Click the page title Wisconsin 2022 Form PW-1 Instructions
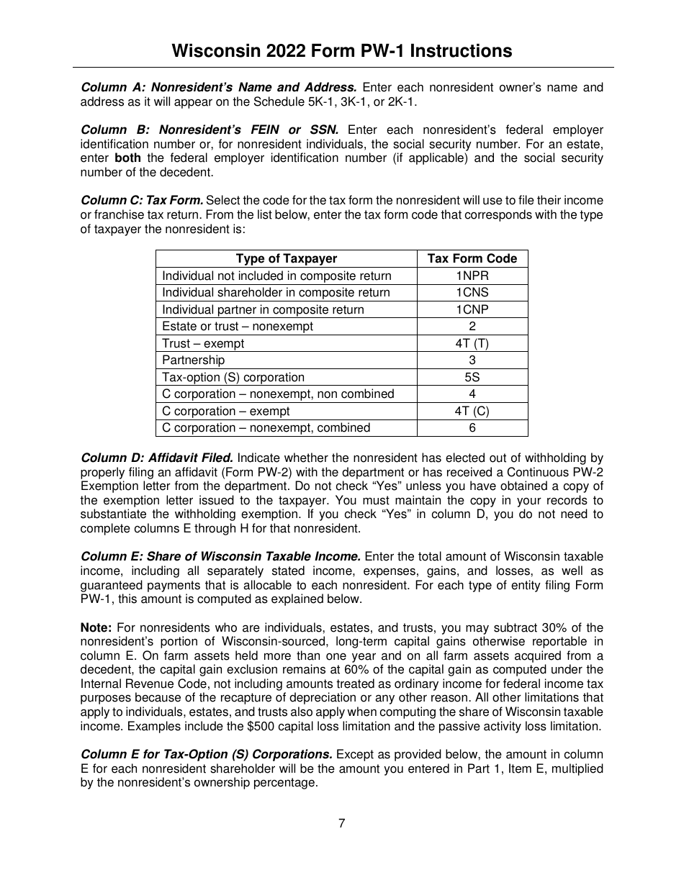pos(342,51)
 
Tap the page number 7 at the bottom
pos(341,824)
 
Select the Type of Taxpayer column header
pos(286,259)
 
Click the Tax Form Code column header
pos(472,259)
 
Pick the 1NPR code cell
pos(472,276)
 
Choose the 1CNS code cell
pos(472,293)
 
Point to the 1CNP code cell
pos(472,309)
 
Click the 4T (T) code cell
pos(472,343)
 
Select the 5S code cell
pos(472,377)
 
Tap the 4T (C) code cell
pos(472,411)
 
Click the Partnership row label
pos(193,360)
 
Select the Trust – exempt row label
pos(202,343)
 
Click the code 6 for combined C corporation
pos(472,428)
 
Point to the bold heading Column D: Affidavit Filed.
pos(156,458)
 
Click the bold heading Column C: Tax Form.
pos(142,200)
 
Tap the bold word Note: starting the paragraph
pos(96,627)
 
